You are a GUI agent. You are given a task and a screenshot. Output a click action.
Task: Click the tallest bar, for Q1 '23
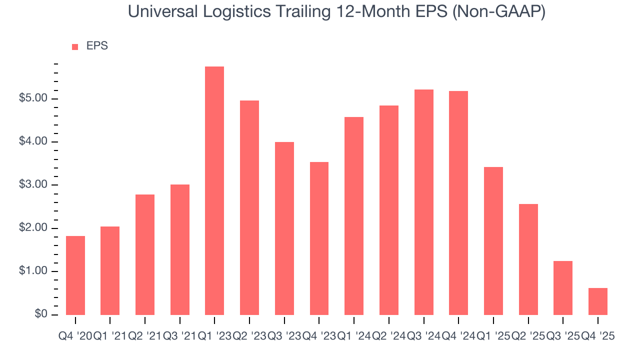click(x=214, y=190)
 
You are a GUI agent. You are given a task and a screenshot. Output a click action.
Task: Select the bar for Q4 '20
click(x=75, y=275)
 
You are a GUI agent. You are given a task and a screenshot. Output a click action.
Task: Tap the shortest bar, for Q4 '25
click(x=598, y=301)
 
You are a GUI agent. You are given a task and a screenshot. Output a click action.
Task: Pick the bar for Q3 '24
click(x=424, y=202)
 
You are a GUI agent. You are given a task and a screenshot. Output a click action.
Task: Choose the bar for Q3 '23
click(x=284, y=228)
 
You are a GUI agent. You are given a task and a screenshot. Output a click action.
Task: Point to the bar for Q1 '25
click(x=493, y=240)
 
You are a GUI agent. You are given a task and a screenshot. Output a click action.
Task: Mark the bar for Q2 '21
click(x=145, y=254)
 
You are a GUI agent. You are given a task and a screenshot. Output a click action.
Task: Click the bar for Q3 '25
click(x=563, y=287)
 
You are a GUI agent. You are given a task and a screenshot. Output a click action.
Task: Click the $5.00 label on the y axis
click(x=33, y=98)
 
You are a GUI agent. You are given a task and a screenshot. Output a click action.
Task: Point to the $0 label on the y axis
click(x=40, y=314)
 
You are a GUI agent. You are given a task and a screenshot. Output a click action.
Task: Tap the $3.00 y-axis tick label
click(x=33, y=185)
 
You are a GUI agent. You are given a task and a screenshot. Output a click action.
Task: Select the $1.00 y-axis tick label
click(x=33, y=271)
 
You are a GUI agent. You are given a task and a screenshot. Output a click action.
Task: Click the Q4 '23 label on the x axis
click(x=318, y=337)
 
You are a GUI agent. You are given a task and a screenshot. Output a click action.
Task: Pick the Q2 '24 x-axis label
click(x=388, y=337)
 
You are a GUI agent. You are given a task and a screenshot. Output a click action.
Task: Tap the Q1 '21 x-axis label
click(x=109, y=337)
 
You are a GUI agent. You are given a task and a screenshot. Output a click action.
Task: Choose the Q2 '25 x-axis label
click(x=528, y=337)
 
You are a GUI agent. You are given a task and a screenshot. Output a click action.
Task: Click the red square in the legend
click(x=75, y=46)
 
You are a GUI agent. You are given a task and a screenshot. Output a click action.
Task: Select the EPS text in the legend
click(x=97, y=46)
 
